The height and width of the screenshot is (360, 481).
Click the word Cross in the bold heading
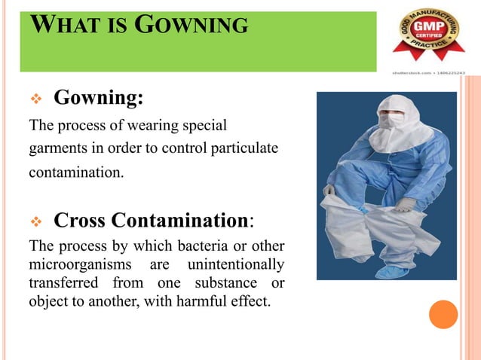[80, 221]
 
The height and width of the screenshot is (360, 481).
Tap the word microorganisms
[79, 264]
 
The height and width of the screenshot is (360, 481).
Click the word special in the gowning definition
[206, 124]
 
